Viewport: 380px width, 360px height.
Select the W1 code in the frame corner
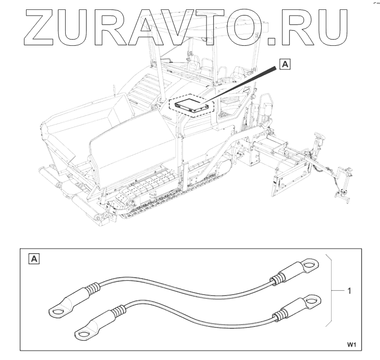point(352,344)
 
